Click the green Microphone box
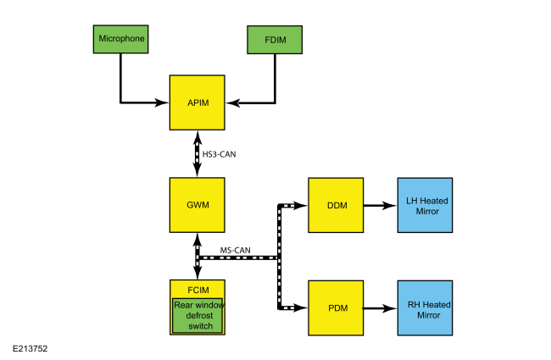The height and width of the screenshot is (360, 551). point(122,38)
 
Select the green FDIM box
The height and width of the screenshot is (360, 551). point(274,38)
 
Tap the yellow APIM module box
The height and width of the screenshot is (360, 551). point(197,102)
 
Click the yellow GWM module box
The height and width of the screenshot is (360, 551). point(197,205)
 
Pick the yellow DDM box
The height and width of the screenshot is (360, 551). point(335,205)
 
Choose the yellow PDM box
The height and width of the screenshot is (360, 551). point(335,307)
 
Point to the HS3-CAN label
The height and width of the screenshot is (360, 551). point(221,154)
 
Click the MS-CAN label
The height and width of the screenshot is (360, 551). point(235,250)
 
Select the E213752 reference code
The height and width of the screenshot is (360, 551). point(30,346)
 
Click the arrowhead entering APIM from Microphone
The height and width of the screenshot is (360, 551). point(163,103)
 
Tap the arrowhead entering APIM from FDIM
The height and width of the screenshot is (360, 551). point(231,103)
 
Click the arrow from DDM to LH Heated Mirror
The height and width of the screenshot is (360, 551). point(379,205)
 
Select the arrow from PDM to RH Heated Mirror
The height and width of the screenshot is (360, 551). point(379,307)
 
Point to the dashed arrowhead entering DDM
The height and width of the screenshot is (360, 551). point(302,205)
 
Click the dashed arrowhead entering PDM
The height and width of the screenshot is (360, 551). point(302,307)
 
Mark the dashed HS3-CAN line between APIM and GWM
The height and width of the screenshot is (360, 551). point(198,154)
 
